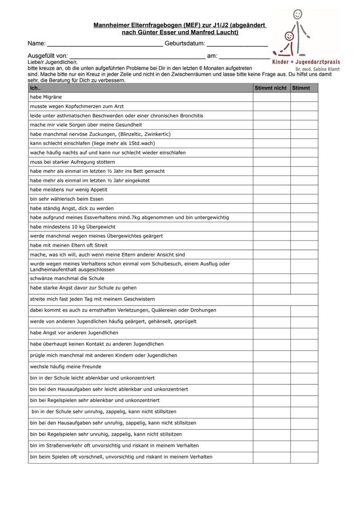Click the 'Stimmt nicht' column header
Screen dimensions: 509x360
pyautogui.click(x=270, y=88)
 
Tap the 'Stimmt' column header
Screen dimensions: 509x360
pyautogui.click(x=301, y=88)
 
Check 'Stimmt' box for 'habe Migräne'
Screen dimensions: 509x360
pyautogui.click(x=304, y=97)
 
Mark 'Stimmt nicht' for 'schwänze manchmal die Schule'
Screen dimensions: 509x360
pyautogui.click(x=271, y=279)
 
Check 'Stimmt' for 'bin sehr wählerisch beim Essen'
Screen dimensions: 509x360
pyautogui.click(x=304, y=199)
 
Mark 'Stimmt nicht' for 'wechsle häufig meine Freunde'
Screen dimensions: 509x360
pyautogui.click(x=271, y=366)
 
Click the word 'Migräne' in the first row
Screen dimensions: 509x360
pyautogui.click(x=53, y=97)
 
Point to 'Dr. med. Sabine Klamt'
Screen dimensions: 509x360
pyautogui.click(x=317, y=69)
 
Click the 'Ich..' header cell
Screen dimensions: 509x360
pyautogui.click(x=35, y=88)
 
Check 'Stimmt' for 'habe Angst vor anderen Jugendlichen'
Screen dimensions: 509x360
pyautogui.click(x=304, y=333)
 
